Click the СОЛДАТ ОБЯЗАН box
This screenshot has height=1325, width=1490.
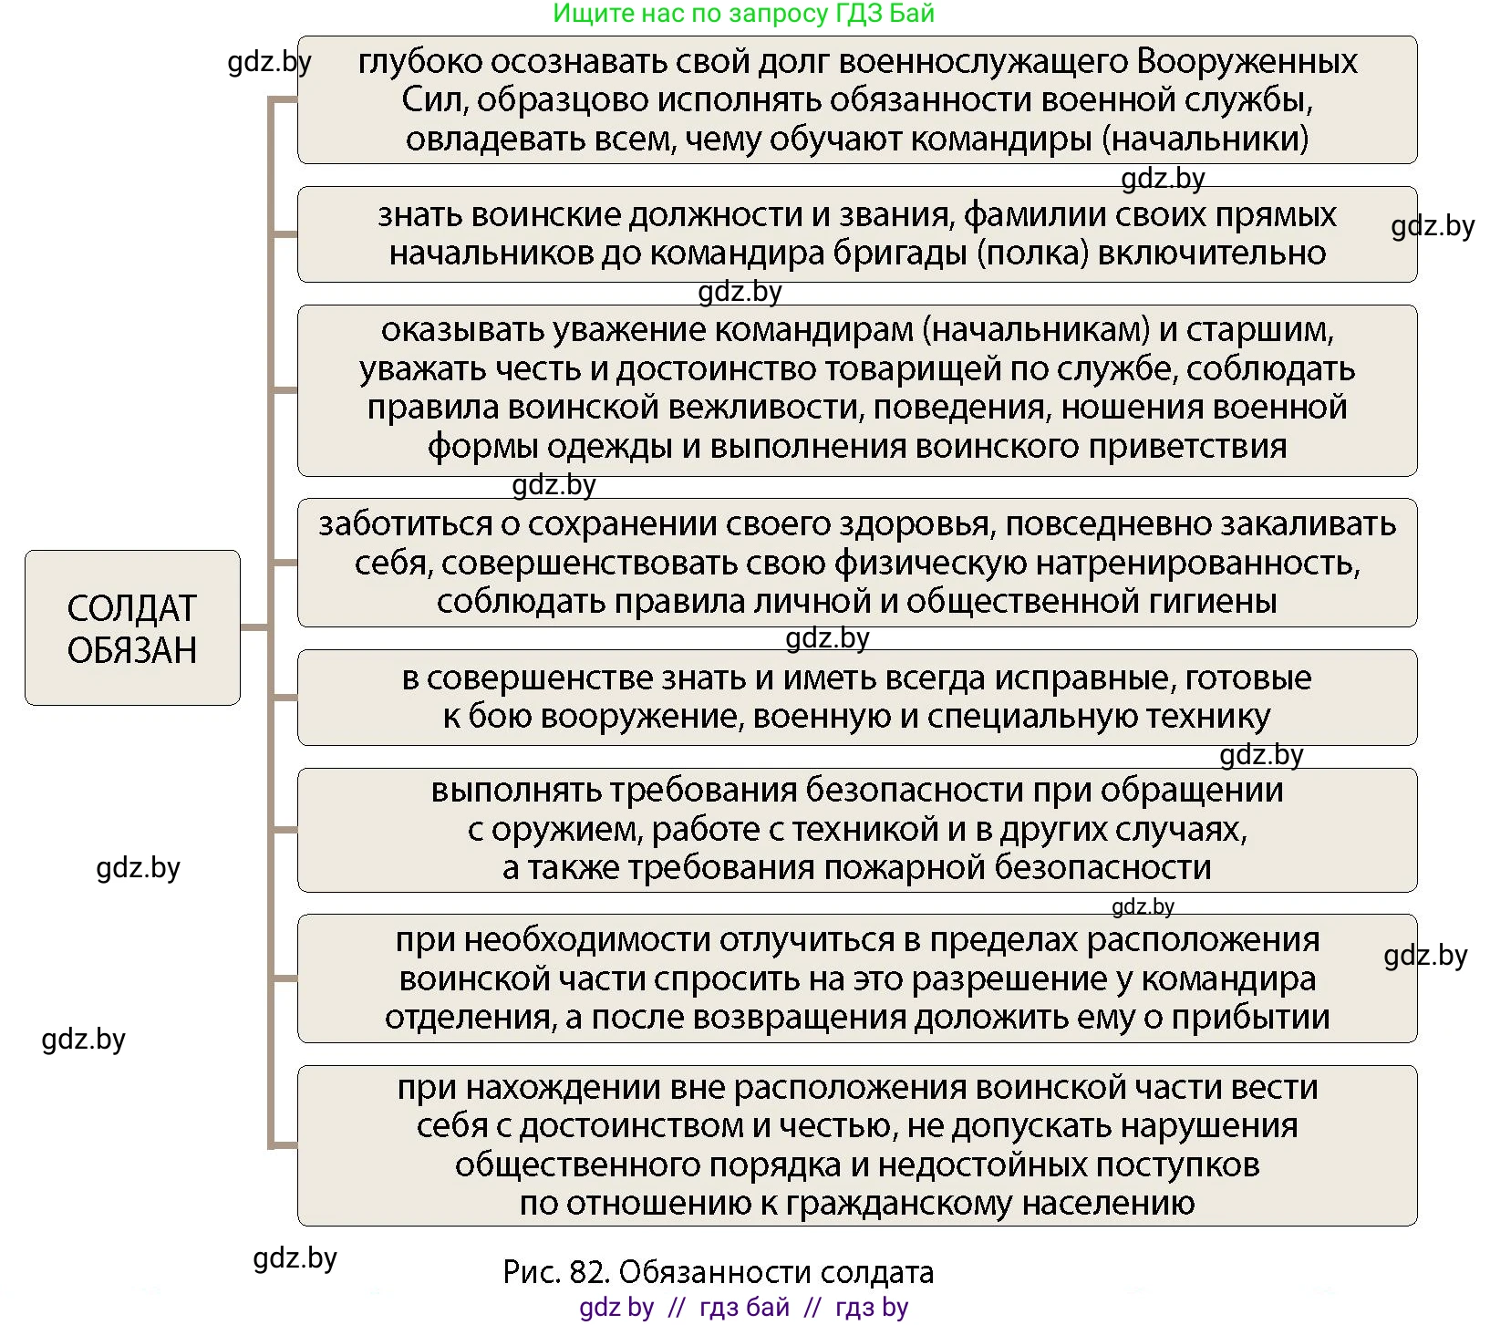pos(132,628)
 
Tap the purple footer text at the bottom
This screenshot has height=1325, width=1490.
pos(744,1308)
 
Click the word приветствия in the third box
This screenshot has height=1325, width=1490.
pos(1191,447)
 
